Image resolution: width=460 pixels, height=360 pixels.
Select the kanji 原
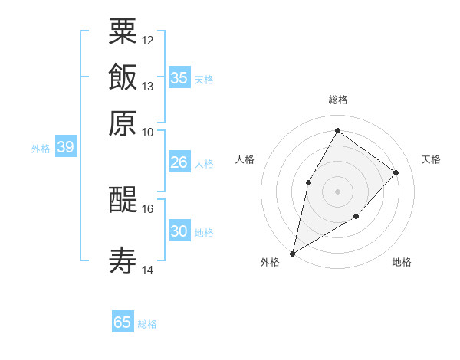(123, 123)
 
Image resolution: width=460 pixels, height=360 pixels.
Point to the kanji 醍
(123, 200)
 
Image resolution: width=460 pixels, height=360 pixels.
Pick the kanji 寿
(123, 262)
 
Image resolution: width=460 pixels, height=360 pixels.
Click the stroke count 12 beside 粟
(148, 40)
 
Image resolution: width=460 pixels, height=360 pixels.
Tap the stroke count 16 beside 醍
(148, 208)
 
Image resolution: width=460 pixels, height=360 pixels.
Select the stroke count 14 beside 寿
(148, 270)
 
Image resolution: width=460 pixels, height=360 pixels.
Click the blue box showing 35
(179, 77)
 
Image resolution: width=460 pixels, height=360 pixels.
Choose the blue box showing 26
(179, 162)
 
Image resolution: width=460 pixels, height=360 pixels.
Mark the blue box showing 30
(179, 231)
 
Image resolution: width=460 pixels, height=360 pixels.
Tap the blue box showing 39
(65, 147)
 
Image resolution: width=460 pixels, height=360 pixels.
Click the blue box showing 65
(123, 322)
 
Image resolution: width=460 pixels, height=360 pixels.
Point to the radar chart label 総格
(337, 100)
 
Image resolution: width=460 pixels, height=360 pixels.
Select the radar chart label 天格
(432, 159)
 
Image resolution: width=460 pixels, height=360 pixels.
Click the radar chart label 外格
(270, 262)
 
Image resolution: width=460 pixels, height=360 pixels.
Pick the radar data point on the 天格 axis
(396, 172)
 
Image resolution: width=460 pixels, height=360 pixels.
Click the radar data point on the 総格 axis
(337, 131)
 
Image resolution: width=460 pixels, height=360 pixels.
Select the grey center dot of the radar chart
(337, 191)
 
